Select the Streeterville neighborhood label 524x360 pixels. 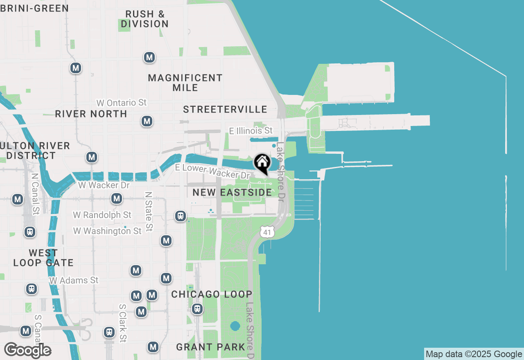(225, 109)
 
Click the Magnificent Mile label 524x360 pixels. (185, 83)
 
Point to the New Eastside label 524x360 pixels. (232, 192)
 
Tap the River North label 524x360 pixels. (91, 114)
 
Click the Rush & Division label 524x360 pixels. (145, 19)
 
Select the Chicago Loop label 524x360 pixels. (212, 295)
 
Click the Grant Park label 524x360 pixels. (211, 347)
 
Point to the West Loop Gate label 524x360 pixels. (43, 258)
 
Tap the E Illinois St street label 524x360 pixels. (251, 131)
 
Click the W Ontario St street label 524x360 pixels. (121, 102)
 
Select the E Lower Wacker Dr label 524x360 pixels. (212, 171)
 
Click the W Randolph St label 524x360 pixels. (102, 215)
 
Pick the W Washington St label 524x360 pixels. (107, 231)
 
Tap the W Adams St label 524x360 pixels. (74, 281)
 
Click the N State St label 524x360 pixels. (149, 211)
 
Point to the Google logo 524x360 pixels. (27, 351)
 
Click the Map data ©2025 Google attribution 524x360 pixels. (474, 354)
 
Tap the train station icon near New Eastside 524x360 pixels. (181, 216)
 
